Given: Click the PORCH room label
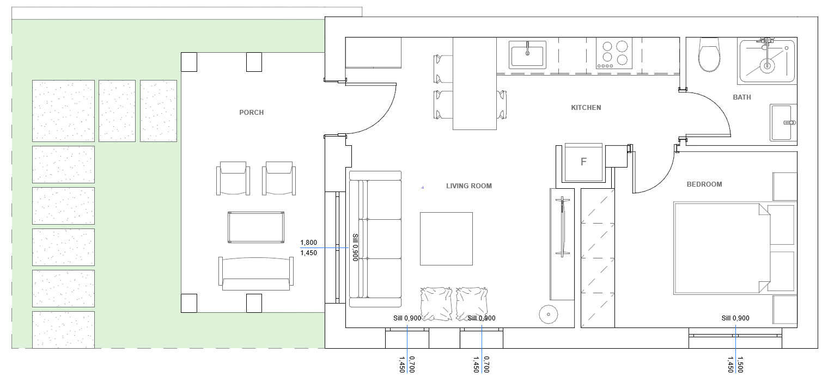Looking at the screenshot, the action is coord(251,112).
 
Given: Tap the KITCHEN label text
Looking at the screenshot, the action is coord(586,108).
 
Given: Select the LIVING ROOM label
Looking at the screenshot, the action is coord(468,186).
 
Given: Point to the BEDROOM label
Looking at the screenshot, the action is coord(704,184).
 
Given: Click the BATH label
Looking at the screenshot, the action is coord(742,97).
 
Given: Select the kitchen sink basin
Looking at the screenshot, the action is coord(527,54).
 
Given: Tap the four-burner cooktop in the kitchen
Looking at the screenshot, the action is coord(614,53).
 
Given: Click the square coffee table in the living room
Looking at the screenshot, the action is coord(446,238).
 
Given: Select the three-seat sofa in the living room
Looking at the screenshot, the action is coord(375,239).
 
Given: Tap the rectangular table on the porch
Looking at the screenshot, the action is coord(256,227).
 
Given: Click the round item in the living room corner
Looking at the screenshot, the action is coord(548,314).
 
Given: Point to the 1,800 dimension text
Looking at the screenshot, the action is coord(309,243).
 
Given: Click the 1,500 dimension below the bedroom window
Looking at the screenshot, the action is coord(740,364).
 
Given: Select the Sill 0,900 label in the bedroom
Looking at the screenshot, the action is coord(735,318).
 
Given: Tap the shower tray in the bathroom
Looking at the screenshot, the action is coord(766,61).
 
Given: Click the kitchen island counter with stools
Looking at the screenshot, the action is coord(474,83).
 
